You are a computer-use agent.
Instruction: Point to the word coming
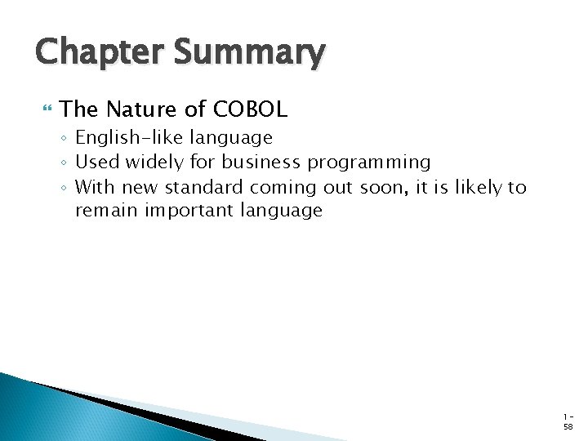pyautogui.click(x=283, y=188)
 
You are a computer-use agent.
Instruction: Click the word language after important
pyautogui.click(x=282, y=212)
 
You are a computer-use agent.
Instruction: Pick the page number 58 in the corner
pyautogui.click(x=568, y=425)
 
